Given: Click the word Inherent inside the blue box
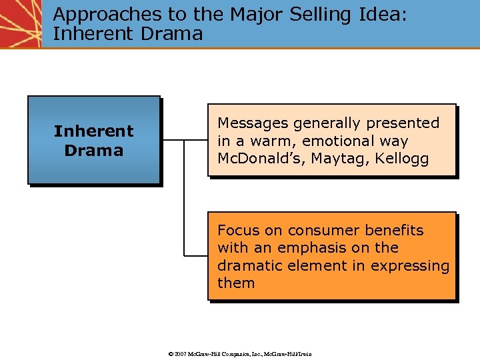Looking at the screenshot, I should coord(93,131).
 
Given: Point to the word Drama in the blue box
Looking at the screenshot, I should coord(93,151).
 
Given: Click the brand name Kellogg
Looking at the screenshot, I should coord(402,159).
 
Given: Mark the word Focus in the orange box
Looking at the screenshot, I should coord(239,231).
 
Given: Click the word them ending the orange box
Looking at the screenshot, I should coord(236,283).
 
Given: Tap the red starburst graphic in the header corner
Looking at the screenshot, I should coord(20,23).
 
